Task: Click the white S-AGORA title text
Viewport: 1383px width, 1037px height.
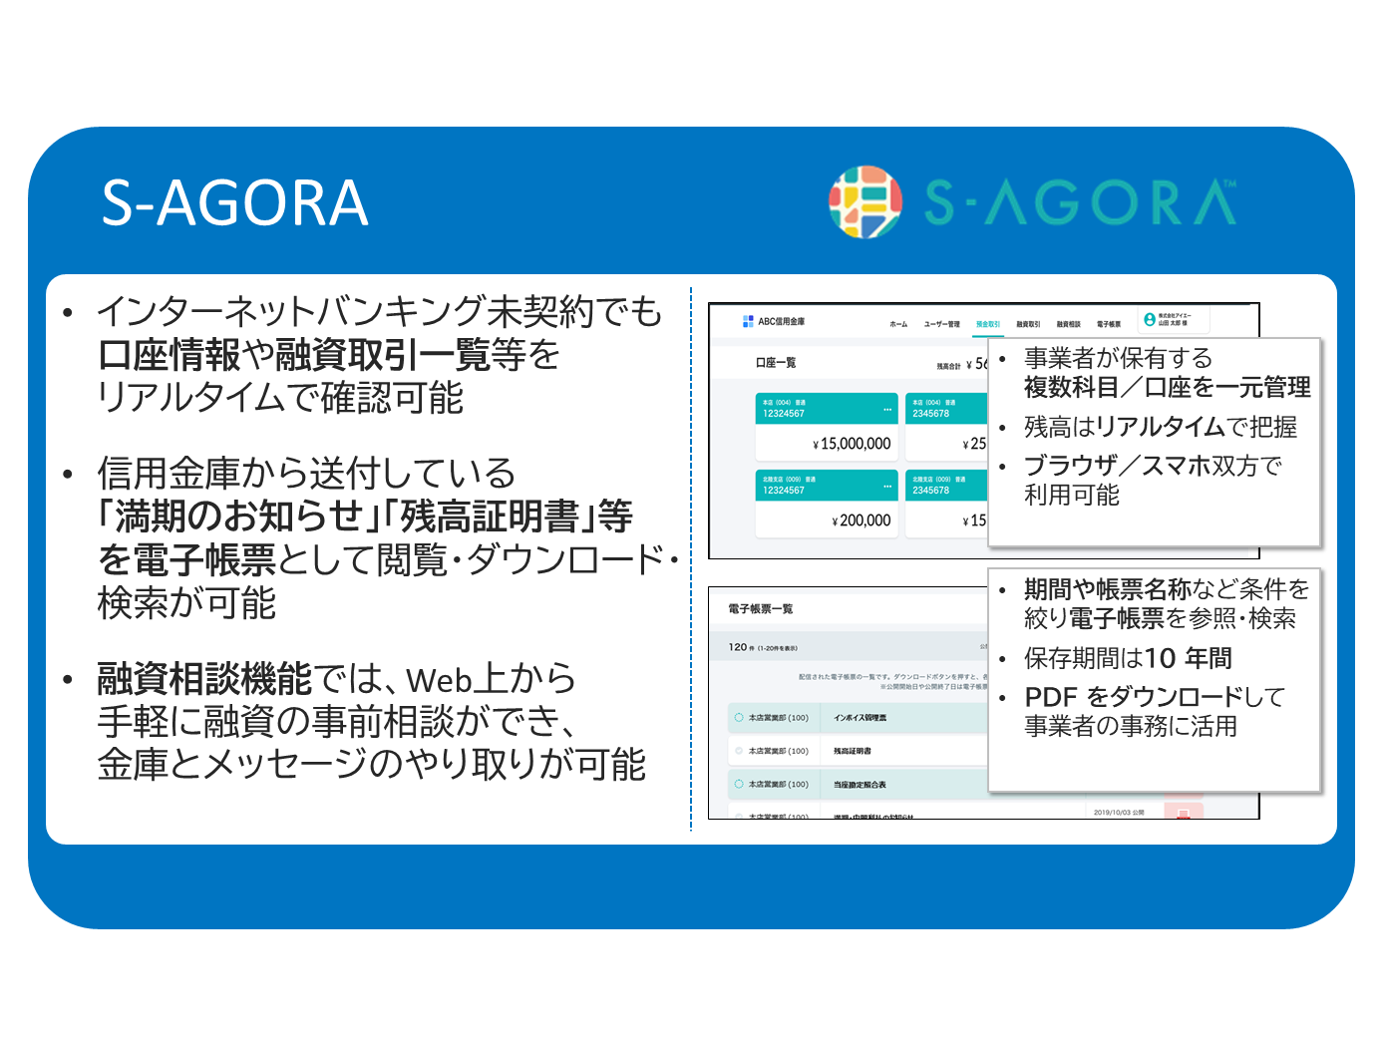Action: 235,203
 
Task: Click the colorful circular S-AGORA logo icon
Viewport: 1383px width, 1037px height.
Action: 865,202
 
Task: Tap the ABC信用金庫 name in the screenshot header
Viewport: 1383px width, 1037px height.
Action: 781,321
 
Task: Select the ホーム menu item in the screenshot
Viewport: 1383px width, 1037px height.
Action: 898,324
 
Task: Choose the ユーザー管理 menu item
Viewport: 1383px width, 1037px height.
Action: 941,324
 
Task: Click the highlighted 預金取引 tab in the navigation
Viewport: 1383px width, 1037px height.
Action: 987,324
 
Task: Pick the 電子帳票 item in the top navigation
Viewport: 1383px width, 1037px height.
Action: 1109,324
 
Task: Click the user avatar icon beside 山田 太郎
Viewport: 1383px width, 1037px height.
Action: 1150,319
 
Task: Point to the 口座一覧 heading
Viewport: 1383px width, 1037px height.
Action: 775,363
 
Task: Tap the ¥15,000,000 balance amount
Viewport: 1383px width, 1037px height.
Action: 853,444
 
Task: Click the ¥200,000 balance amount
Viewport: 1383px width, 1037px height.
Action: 862,520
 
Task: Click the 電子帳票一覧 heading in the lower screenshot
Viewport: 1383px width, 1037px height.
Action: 760,608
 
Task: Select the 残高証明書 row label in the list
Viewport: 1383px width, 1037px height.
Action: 853,751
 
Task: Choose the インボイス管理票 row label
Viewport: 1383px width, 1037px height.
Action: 860,718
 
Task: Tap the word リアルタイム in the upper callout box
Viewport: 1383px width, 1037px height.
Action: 1160,427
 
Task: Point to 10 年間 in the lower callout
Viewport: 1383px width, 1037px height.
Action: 1189,658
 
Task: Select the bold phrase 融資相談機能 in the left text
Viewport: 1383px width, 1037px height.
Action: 204,679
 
